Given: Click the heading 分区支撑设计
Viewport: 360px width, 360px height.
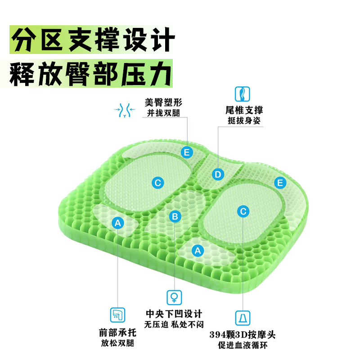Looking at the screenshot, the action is [x=92, y=40].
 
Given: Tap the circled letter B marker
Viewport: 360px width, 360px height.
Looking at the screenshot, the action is [x=175, y=216].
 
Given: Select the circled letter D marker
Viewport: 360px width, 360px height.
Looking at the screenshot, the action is [x=218, y=174].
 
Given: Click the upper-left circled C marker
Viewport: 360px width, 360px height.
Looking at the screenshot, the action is [x=157, y=183].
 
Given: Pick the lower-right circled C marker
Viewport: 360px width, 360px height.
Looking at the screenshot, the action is [x=243, y=211].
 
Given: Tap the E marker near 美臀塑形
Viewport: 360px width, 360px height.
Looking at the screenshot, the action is [x=186, y=152].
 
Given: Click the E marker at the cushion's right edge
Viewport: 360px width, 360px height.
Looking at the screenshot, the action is [x=280, y=183].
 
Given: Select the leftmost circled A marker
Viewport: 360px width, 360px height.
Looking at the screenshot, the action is [x=118, y=222].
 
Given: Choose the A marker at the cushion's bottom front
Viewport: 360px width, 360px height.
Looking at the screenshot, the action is [x=197, y=250].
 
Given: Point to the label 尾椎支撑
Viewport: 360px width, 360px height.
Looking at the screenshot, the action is [x=244, y=110].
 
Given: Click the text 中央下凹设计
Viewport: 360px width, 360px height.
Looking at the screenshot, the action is [x=174, y=314].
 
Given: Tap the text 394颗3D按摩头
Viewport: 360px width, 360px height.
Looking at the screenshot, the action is [x=242, y=335].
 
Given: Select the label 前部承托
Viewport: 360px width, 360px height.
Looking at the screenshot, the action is [x=117, y=333].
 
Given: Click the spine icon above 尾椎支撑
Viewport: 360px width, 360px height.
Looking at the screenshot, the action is [x=243, y=94].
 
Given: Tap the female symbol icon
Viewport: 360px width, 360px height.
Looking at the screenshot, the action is [x=174, y=297].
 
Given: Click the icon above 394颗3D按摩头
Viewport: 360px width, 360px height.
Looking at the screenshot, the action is [x=243, y=318].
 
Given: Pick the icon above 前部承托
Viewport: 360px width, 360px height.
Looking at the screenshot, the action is [x=117, y=315].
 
